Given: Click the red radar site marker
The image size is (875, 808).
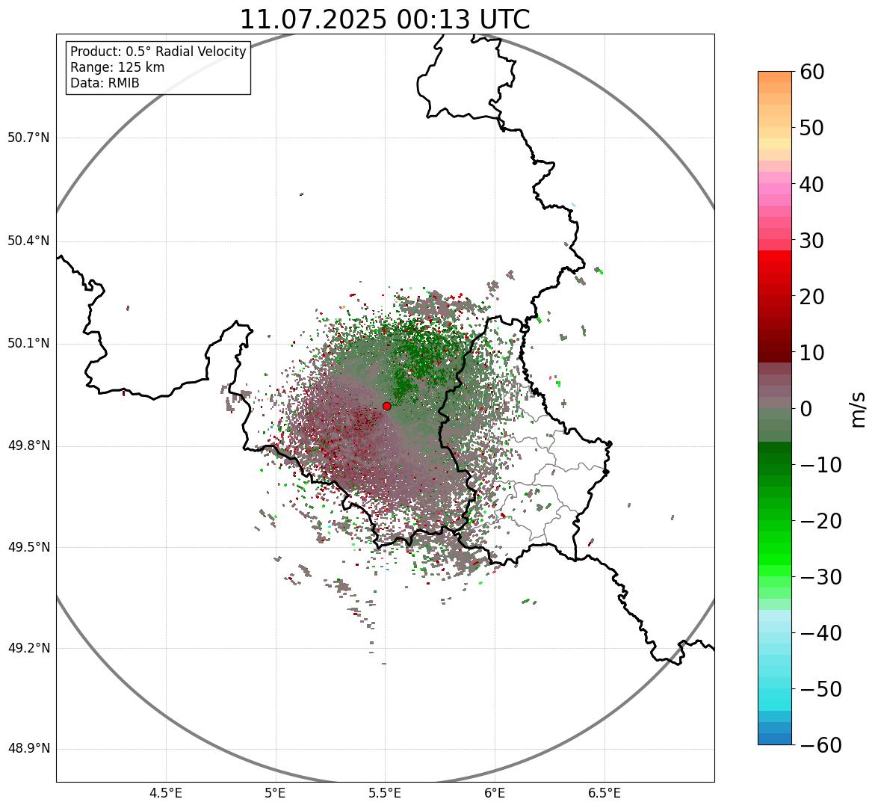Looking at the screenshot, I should click(386, 406).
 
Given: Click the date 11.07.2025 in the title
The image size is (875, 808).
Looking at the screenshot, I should click(314, 19).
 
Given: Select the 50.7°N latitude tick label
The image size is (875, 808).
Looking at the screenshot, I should click(28, 138).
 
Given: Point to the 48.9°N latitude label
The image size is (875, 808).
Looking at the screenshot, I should click(28, 749).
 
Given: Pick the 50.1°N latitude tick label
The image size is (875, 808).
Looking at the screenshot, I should click(28, 344).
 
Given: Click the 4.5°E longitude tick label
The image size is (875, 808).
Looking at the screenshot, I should click(166, 793).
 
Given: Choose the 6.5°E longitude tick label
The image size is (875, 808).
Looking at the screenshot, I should click(605, 793).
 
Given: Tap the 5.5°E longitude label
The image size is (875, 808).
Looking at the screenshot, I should click(385, 793).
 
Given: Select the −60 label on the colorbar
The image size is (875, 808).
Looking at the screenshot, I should click(820, 745).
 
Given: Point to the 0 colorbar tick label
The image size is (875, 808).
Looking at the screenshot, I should click(806, 409).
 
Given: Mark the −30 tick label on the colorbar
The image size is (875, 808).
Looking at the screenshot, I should click(820, 577).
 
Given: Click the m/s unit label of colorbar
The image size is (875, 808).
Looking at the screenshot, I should click(859, 409).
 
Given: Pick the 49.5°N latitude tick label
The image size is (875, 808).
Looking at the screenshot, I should click(28, 547).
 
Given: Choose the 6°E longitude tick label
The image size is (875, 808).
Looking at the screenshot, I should click(495, 793).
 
